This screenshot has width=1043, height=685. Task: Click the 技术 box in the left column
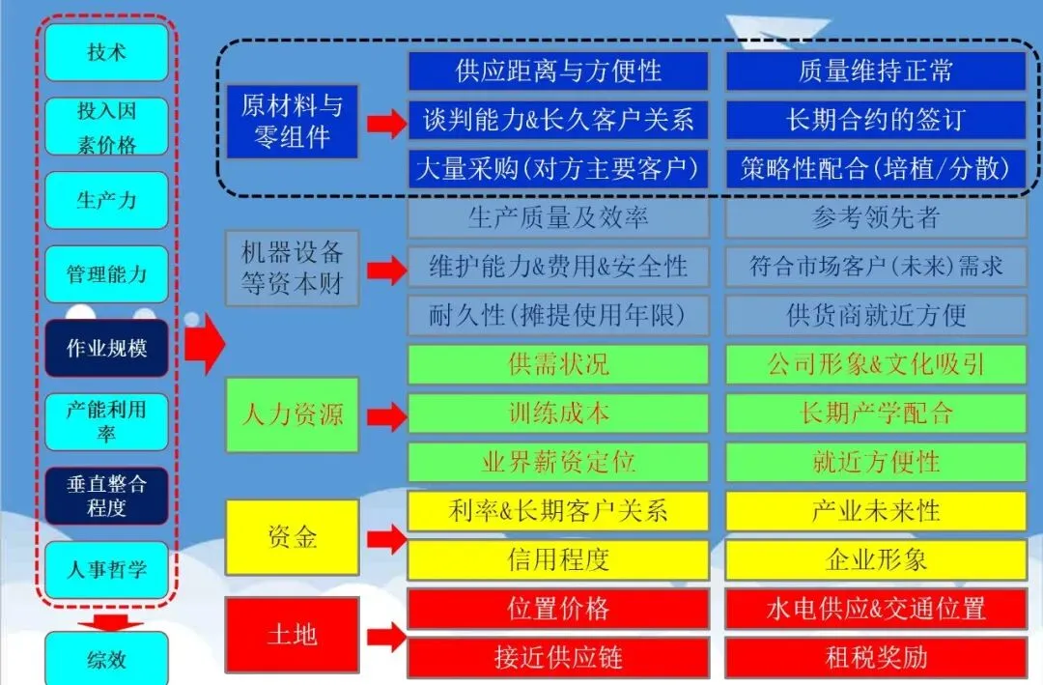click(x=106, y=52)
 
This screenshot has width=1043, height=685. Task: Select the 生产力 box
click(x=106, y=200)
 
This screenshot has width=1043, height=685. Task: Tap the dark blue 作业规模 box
click(x=106, y=348)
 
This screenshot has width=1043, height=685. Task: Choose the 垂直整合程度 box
click(x=106, y=496)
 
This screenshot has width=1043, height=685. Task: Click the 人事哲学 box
click(x=106, y=569)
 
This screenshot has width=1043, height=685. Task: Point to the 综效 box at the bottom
click(x=106, y=661)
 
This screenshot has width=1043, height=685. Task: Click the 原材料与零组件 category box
click(x=292, y=121)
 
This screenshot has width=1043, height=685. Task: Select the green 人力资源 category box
click(x=292, y=415)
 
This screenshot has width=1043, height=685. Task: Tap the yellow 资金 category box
click(x=292, y=537)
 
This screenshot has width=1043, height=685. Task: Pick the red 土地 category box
click(x=292, y=635)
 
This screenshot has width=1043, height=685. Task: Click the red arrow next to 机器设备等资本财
click(x=386, y=268)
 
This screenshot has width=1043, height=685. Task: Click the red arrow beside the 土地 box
click(x=386, y=637)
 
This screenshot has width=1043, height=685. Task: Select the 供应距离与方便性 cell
click(x=558, y=71)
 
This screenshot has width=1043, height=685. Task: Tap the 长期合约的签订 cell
click(x=875, y=120)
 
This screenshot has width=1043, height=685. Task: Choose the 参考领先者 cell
click(x=875, y=218)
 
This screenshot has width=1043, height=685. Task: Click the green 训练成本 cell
click(x=558, y=413)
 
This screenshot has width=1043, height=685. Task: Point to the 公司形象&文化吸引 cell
click(x=875, y=364)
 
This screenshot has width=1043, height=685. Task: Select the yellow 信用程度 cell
click(x=558, y=559)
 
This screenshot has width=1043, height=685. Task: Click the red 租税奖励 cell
click(x=875, y=658)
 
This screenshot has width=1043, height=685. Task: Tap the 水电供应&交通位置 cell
click(x=875, y=609)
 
